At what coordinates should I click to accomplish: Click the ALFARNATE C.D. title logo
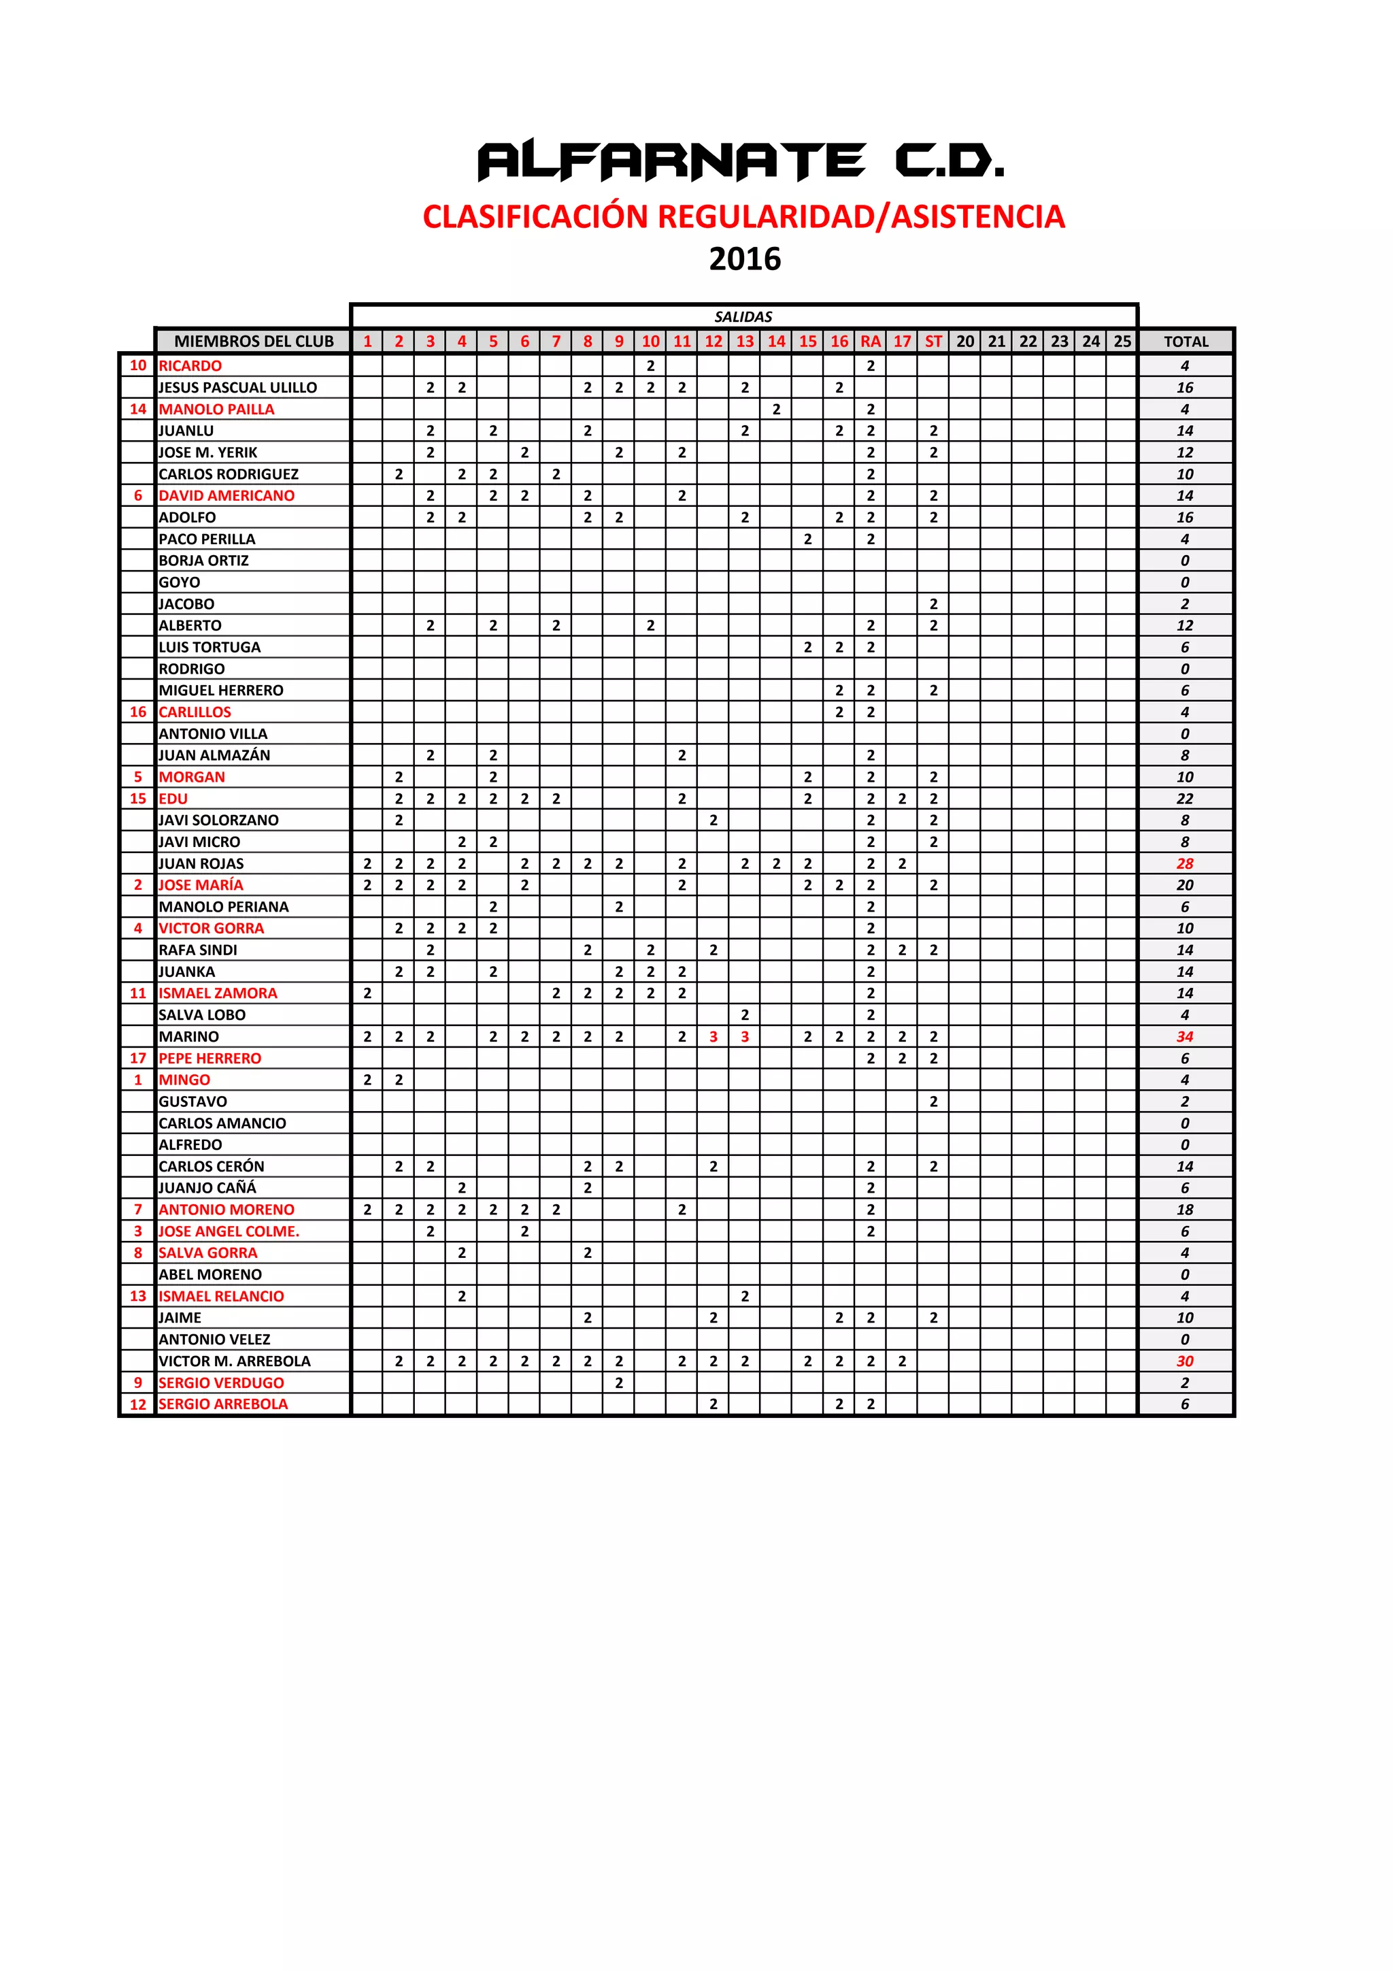pyautogui.click(x=740, y=161)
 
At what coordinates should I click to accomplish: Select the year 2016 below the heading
pyautogui.click(x=744, y=259)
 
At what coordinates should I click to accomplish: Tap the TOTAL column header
pyautogui.click(x=1186, y=342)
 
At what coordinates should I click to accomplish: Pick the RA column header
pyautogui.click(x=871, y=342)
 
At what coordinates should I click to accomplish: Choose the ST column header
pyautogui.click(x=933, y=342)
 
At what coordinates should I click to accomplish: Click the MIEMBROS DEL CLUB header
pyautogui.click(x=253, y=342)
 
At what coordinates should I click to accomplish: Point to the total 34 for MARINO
pyautogui.click(x=1184, y=1036)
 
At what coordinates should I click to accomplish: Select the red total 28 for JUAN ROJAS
pyautogui.click(x=1184, y=863)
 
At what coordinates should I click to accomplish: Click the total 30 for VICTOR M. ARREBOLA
pyautogui.click(x=1184, y=1361)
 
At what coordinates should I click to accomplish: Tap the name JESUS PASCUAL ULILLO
pyautogui.click(x=238, y=388)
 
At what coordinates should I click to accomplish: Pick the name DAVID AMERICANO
pyautogui.click(x=226, y=496)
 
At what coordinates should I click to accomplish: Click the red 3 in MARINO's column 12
pyautogui.click(x=714, y=1036)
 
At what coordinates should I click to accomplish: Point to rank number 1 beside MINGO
pyautogui.click(x=137, y=1080)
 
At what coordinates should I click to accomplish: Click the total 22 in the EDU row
pyautogui.click(x=1184, y=798)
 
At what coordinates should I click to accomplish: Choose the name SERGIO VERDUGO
pyautogui.click(x=222, y=1382)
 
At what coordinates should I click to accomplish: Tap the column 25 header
pyautogui.click(x=1122, y=342)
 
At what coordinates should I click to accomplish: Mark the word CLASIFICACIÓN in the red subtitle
pyautogui.click(x=537, y=216)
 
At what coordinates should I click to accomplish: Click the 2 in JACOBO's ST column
pyautogui.click(x=933, y=604)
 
